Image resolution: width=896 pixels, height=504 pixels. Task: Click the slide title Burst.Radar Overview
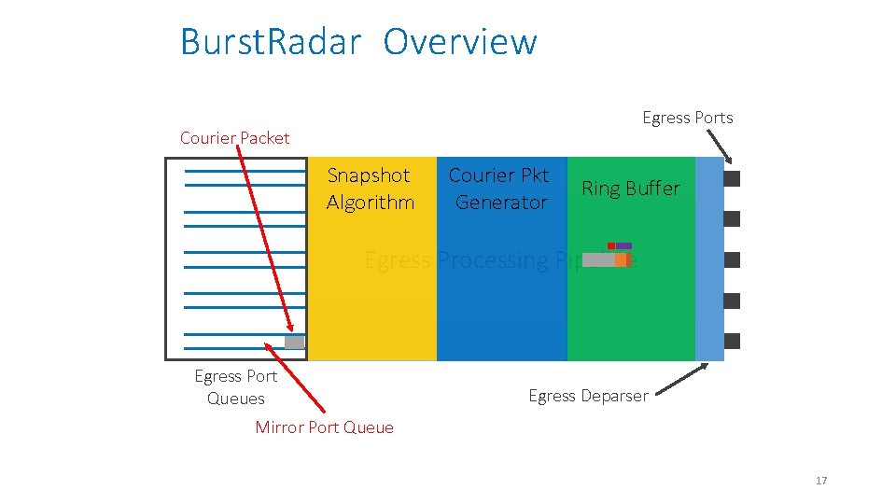pyautogui.click(x=358, y=42)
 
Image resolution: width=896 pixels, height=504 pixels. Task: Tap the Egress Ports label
pyautogui.click(x=687, y=118)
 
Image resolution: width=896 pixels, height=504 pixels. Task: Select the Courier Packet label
pyautogui.click(x=234, y=138)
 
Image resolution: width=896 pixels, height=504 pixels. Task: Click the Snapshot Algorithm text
pyautogui.click(x=370, y=189)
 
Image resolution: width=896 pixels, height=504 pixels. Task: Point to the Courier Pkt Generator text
pyautogui.click(x=499, y=189)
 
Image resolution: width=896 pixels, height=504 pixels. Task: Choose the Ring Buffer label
pyautogui.click(x=631, y=189)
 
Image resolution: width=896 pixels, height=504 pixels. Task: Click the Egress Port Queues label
pyautogui.click(x=235, y=387)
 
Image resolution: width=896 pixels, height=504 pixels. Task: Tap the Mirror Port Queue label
pyautogui.click(x=324, y=427)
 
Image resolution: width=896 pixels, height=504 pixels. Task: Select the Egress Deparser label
pyautogui.click(x=588, y=396)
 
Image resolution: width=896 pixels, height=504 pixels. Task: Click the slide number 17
pyautogui.click(x=821, y=481)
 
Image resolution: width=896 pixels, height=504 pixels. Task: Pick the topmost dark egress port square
pyautogui.click(x=732, y=178)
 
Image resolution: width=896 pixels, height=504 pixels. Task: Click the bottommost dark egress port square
pyautogui.click(x=732, y=341)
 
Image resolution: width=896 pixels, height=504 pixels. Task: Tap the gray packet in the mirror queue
pyautogui.click(x=294, y=343)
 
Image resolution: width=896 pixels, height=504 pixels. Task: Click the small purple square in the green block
pyautogui.click(x=623, y=245)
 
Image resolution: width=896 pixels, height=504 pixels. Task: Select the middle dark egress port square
pyautogui.click(x=732, y=259)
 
